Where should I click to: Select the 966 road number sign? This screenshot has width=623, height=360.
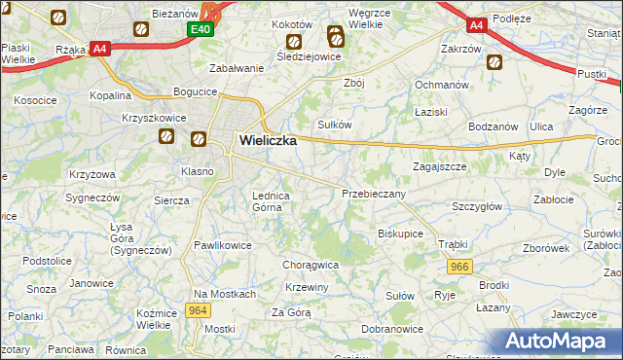[459, 266]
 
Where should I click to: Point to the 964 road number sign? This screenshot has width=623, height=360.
[199, 310]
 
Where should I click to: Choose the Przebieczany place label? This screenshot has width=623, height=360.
[374, 194]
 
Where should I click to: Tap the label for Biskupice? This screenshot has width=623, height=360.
[400, 234]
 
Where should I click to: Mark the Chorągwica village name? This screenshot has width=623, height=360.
[310, 264]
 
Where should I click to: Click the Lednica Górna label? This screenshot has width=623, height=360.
[272, 200]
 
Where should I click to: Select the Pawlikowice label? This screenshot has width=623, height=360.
[223, 245]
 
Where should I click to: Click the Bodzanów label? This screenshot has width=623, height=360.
[494, 127]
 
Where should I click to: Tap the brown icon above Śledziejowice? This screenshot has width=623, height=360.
[294, 42]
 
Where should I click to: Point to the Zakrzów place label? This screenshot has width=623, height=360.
[460, 49]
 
